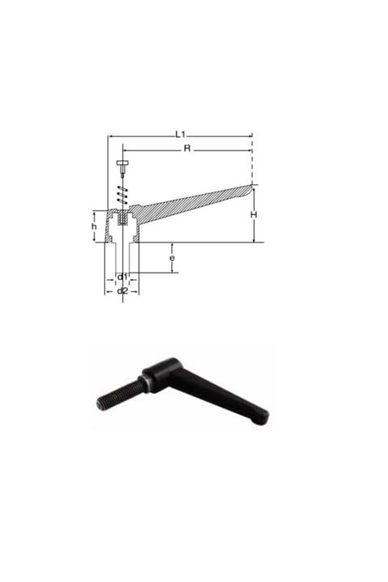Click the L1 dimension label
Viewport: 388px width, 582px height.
pos(180,133)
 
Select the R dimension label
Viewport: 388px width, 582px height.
pos(187,148)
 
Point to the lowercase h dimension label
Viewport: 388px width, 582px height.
pos(94,227)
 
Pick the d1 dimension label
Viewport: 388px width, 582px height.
pos(122,276)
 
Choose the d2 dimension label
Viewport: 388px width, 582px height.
pos(122,290)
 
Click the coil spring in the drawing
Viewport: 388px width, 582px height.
pos(122,194)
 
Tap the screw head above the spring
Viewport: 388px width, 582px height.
pos(122,163)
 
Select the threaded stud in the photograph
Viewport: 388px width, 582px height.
pos(120,394)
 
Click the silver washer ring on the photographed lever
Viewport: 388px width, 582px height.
pos(144,384)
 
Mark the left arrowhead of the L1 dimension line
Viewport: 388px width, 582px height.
pos(110,137)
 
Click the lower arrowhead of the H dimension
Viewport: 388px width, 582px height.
pos(253,239)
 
